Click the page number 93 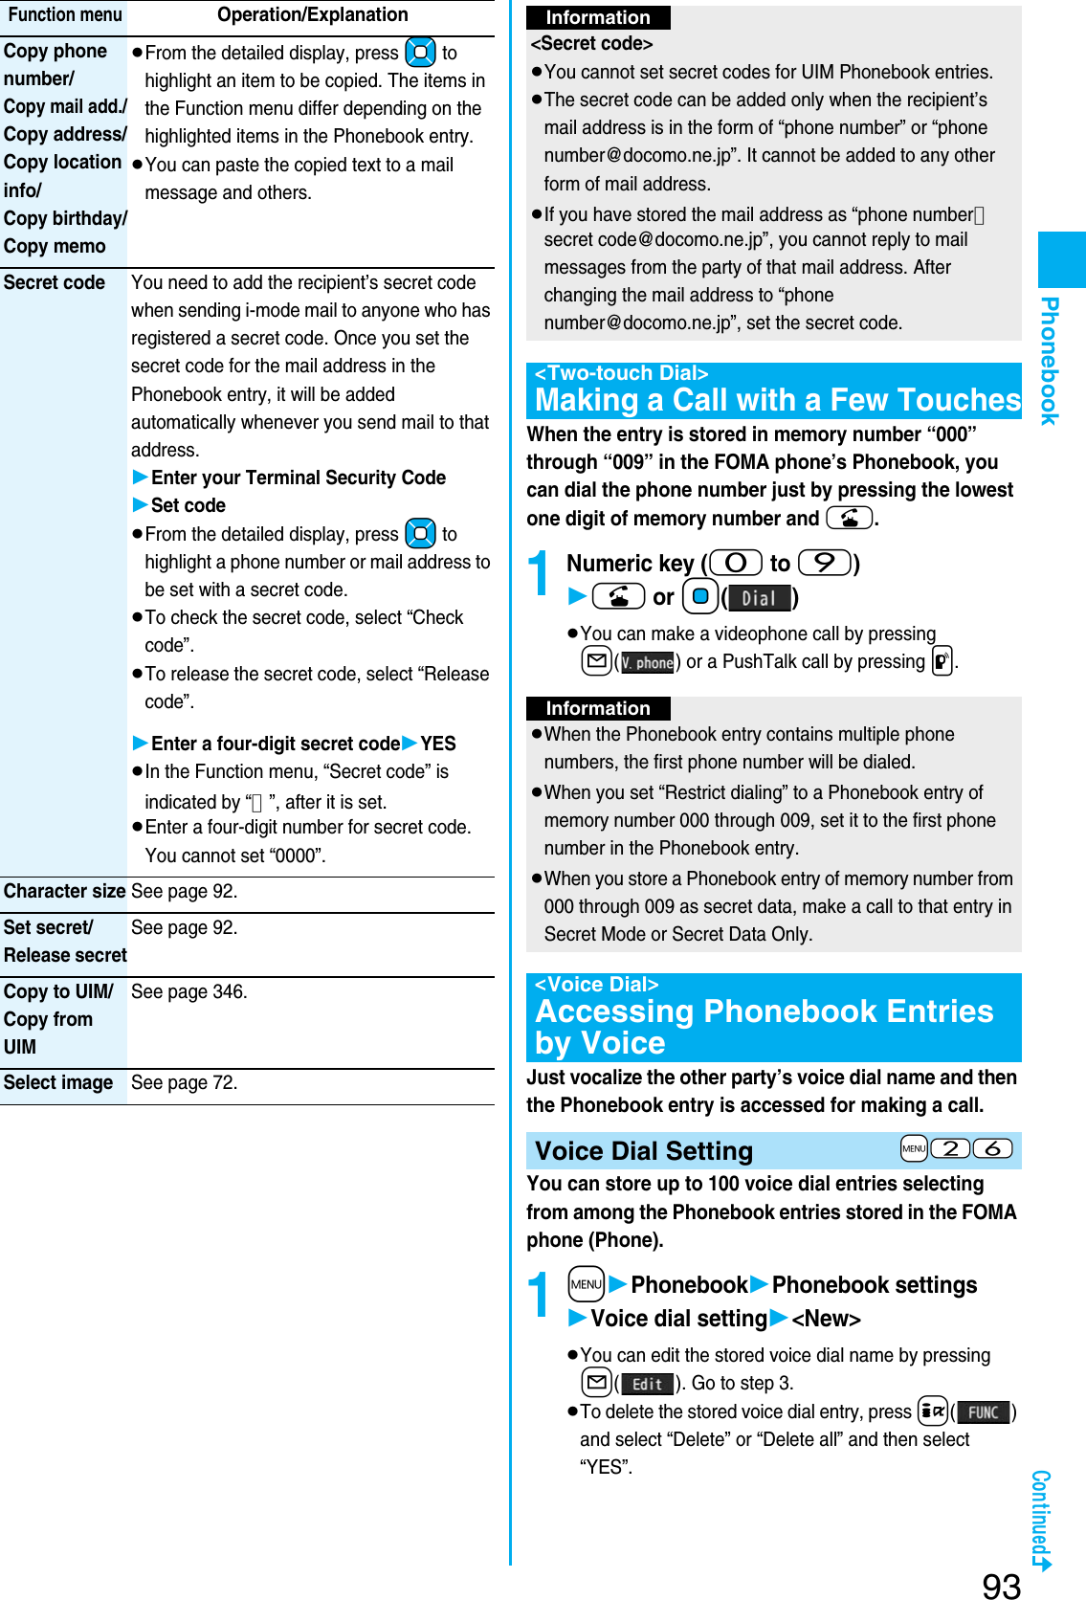[1001, 1586]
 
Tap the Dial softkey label [759, 599]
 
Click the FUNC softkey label [983, 1412]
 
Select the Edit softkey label [647, 1384]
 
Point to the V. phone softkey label [648, 662]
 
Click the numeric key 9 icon [824, 563]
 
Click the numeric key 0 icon [736, 563]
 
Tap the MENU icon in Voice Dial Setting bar [914, 1148]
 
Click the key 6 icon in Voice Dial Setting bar [992, 1148]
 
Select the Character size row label [64, 891]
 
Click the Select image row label [58, 1082]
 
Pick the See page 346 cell [189, 991]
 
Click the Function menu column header [64, 14]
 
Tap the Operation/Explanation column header [312, 14]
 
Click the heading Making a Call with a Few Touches [777, 399]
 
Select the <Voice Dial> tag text [596, 984]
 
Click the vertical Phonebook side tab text [1050, 361]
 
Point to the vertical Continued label [1041, 1517]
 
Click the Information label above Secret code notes [597, 17]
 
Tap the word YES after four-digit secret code [438, 744]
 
